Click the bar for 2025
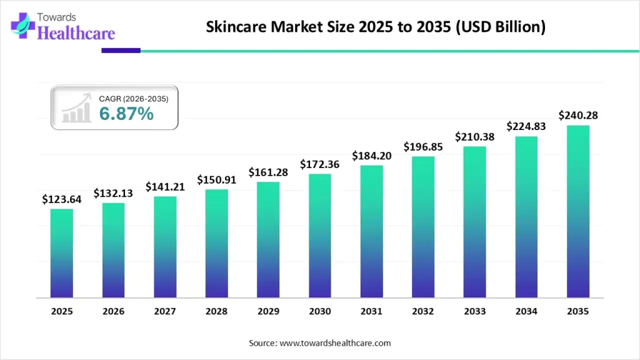point(62,253)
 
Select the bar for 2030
point(320,236)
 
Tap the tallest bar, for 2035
point(578,211)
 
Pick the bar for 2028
point(217,243)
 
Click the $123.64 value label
point(62,199)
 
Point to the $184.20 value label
point(372,156)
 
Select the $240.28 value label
point(578,115)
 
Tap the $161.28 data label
point(268,172)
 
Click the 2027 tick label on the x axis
point(165,310)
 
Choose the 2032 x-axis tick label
point(423,310)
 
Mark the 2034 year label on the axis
point(526,310)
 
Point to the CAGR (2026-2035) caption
point(133,98)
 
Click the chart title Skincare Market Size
point(375,27)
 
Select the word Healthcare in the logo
point(76,33)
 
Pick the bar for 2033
point(475,222)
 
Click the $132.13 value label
point(113,194)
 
